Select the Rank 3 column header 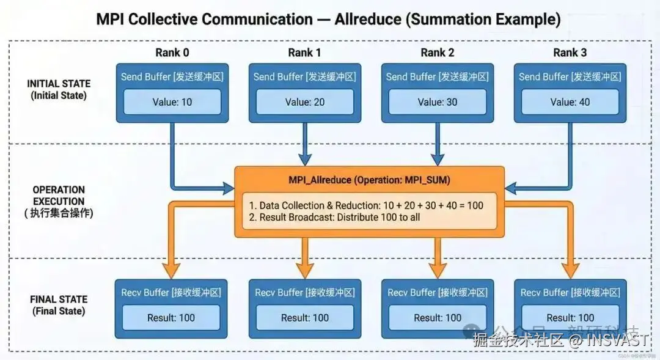pos(570,53)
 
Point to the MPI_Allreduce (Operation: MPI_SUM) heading pos(369,180)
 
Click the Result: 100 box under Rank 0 pos(172,318)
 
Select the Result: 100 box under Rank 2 pos(438,318)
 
